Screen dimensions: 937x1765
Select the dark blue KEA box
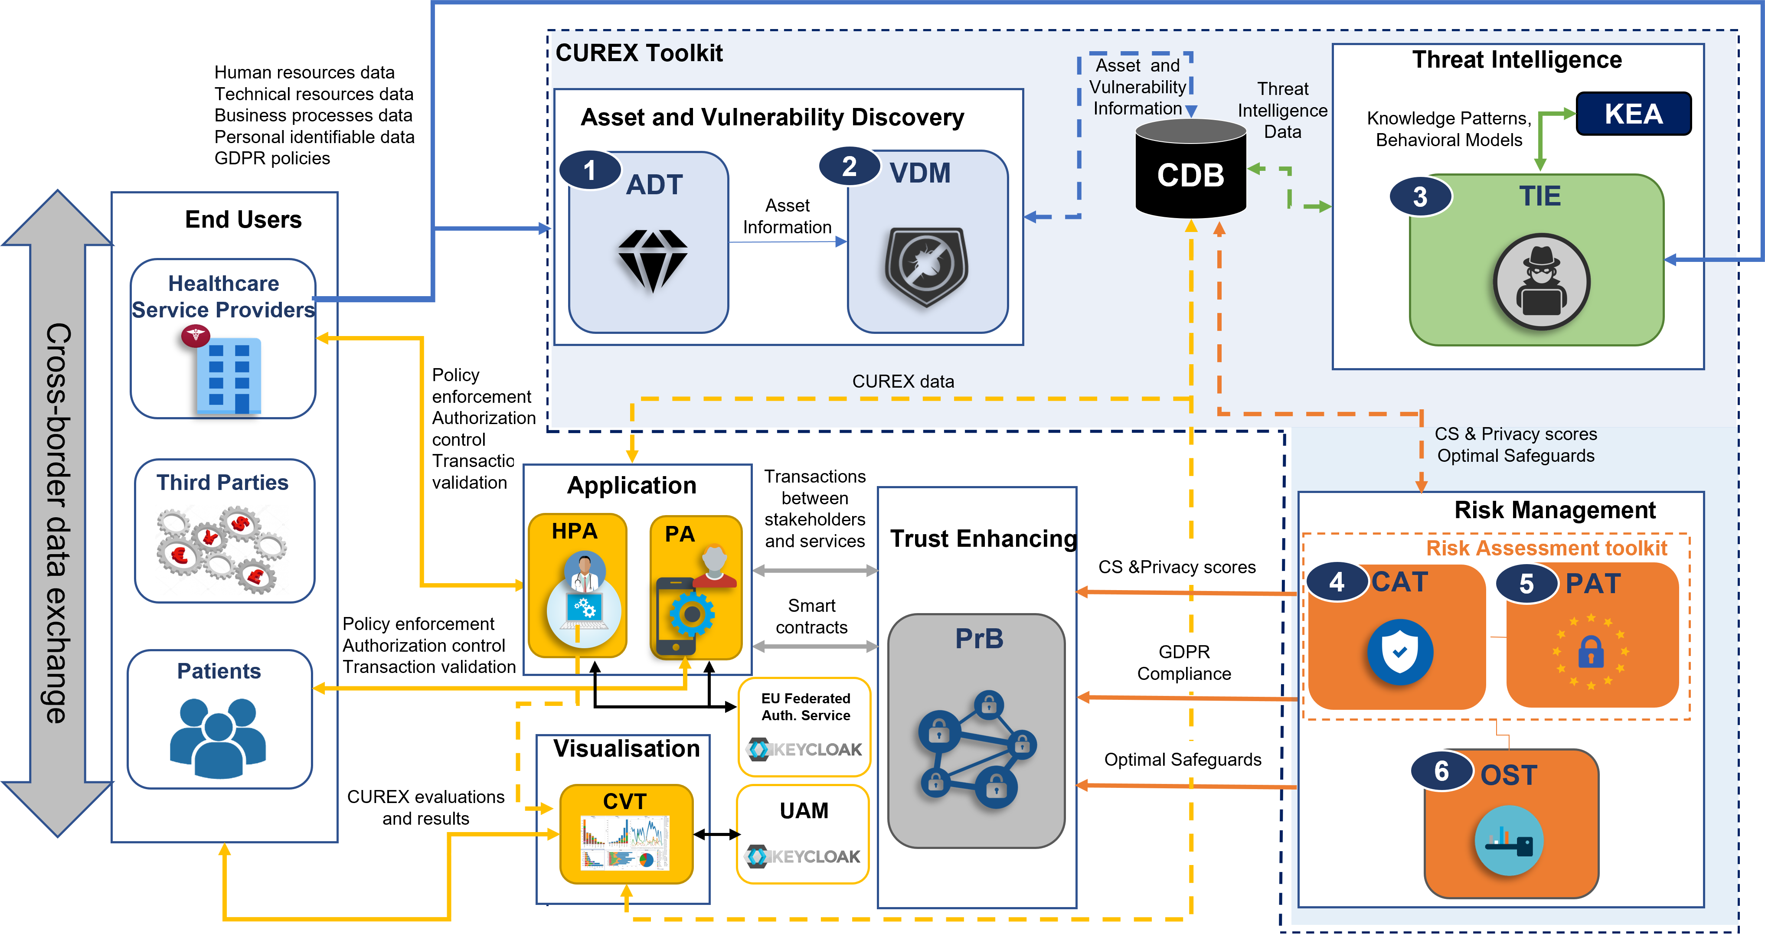(x=1634, y=114)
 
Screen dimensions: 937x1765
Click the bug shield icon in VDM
(x=926, y=266)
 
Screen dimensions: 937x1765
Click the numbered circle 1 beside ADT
(x=590, y=170)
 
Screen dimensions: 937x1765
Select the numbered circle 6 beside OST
(x=1441, y=771)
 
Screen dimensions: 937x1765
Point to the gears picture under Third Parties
(x=222, y=549)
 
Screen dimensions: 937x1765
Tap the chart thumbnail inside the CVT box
(x=625, y=842)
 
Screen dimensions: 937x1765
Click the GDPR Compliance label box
(x=1184, y=663)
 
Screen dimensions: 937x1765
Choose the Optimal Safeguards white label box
(x=1183, y=760)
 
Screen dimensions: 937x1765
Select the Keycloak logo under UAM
(x=803, y=856)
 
